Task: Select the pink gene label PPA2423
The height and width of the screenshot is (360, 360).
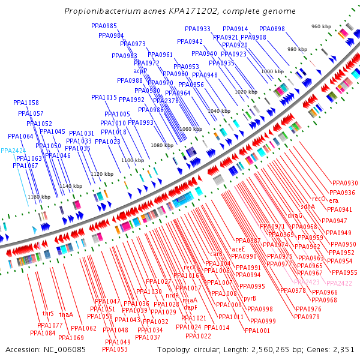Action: [307, 282]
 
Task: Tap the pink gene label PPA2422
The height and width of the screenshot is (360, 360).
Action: [340, 283]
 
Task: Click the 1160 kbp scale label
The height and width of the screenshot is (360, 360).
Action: [39, 197]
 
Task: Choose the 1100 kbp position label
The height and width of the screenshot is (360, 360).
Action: [132, 160]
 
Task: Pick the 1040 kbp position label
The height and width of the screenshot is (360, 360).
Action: [218, 111]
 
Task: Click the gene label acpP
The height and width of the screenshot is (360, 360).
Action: [140, 71]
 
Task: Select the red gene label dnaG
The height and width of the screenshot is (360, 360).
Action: [295, 215]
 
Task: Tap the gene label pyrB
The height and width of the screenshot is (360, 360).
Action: [250, 298]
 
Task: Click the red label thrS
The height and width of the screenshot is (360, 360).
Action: [48, 314]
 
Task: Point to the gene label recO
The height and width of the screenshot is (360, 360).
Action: [319, 199]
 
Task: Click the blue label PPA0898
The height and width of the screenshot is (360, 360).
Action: [272, 29]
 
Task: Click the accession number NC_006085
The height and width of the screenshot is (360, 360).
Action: [64, 349]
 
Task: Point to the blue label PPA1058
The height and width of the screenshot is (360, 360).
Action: [26, 103]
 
